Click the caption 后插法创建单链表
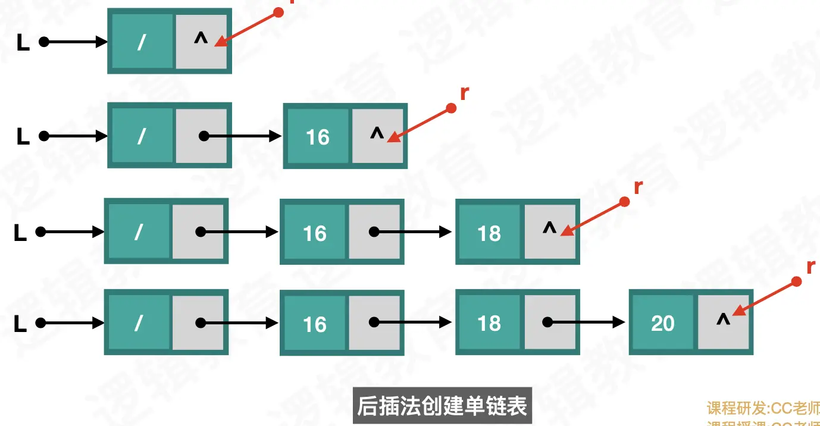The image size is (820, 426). [x=442, y=406]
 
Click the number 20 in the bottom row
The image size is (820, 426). [x=662, y=323]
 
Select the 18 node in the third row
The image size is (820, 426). [x=489, y=233]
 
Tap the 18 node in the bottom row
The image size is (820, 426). [x=489, y=323]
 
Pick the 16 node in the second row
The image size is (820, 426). [x=317, y=137]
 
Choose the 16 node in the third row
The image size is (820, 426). [x=314, y=233]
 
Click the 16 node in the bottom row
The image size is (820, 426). [x=314, y=324]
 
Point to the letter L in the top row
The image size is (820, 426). [x=23, y=43]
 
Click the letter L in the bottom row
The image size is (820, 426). [x=20, y=324]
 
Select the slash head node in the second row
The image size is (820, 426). [x=142, y=136]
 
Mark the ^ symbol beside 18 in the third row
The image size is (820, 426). [x=549, y=229]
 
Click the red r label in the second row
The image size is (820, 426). [x=464, y=93]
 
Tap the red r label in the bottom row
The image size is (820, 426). [x=810, y=268]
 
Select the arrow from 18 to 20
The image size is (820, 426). [x=586, y=323]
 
